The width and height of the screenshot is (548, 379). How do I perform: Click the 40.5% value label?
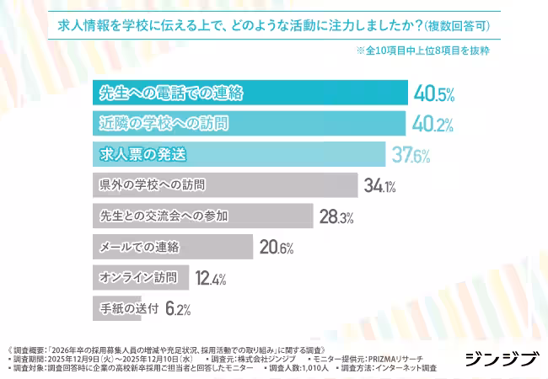click(432, 93)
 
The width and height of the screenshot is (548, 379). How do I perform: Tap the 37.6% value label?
click(411, 155)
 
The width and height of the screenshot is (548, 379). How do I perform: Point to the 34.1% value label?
click(379, 185)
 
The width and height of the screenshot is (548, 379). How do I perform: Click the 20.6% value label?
click(276, 247)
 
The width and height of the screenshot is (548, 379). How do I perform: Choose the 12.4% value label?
click(211, 277)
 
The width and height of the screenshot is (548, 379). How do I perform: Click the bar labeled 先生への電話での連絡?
click(249, 93)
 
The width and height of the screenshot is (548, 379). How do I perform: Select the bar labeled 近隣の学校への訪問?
click(248, 124)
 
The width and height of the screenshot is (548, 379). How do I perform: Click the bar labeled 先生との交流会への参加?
click(201, 216)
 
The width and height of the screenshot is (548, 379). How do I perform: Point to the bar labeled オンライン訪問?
click(139, 277)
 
